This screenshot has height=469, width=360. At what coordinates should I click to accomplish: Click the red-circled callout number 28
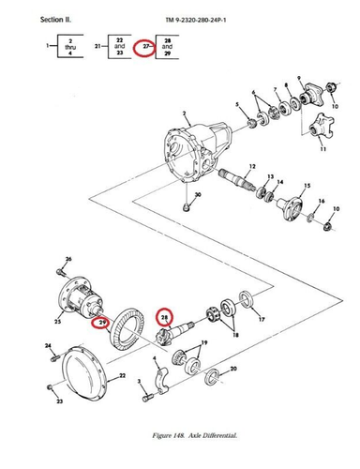[x=165, y=318]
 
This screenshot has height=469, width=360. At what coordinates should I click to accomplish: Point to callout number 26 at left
[x=67, y=259]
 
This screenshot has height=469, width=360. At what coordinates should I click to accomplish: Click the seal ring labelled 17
[x=250, y=300]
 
